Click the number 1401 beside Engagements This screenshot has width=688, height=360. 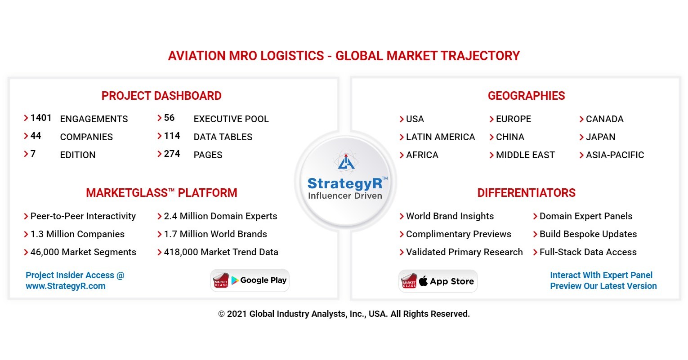pos(40,118)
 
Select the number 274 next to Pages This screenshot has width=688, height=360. pos(172,154)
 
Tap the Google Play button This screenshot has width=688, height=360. pos(250,280)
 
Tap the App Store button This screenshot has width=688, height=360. pos(438,281)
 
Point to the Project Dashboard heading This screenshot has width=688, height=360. pos(161,96)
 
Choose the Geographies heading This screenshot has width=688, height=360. pos(526,96)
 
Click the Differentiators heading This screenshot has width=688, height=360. pos(526,193)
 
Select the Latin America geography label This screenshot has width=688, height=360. pos(440,137)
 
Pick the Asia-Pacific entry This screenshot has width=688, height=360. pos(615,155)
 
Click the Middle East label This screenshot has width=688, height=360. pos(525,155)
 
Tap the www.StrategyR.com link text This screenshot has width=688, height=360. pos(66,286)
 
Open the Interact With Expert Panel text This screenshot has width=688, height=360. pos(601,275)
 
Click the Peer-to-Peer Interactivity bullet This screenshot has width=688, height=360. pos(83,216)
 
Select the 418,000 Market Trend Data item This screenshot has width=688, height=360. pos(221,252)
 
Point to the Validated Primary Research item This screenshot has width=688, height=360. pos(464,252)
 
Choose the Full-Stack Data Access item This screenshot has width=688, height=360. pos(588,252)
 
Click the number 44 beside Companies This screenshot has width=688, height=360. pos(36,136)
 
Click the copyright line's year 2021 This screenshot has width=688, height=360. pos(237,314)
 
